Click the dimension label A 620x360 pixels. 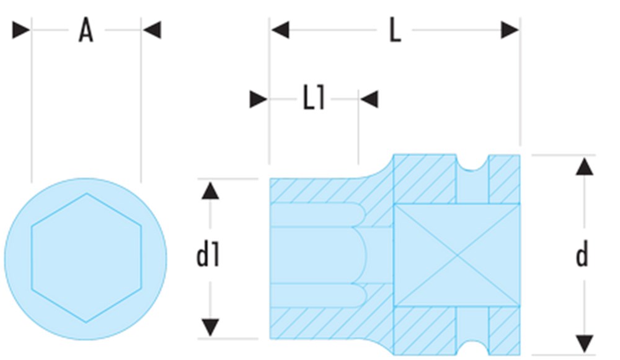pyautogui.click(x=86, y=30)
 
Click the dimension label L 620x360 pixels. pyautogui.click(x=394, y=30)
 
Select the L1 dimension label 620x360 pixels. pyautogui.click(x=314, y=99)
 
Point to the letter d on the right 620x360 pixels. pyautogui.click(x=582, y=255)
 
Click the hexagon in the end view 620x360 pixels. pyautogui.click(x=86, y=257)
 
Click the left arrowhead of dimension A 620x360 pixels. pyautogui.click(x=21, y=30)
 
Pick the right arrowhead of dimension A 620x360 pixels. pyautogui.click(x=152, y=30)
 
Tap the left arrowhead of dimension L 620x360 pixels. pyautogui.click(x=280, y=30)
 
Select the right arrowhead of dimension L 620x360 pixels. pyautogui.click(x=510, y=30)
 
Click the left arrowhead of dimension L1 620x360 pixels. pyautogui.click(x=259, y=99)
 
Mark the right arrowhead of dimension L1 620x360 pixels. pyautogui.click(x=369, y=99)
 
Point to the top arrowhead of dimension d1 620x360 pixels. pyautogui.click(x=211, y=190)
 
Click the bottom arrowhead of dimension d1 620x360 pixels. pyautogui.click(x=211, y=327)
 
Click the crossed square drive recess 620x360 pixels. pyautogui.click(x=457, y=255)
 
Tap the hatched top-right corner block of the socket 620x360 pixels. pyautogui.click(x=504, y=179)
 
